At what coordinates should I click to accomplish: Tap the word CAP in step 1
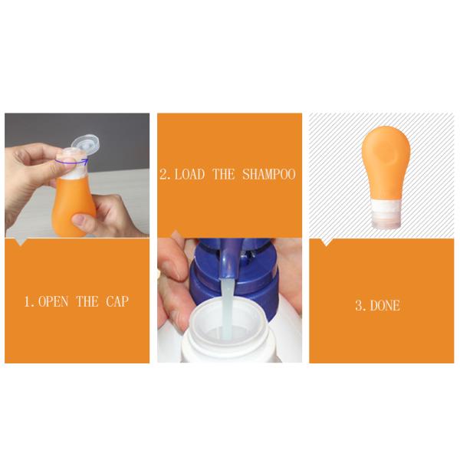[115, 301]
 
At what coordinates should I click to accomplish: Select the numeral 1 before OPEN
[28, 301]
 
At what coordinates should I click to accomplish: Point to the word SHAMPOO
[269, 175]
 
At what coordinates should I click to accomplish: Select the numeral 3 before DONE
[359, 305]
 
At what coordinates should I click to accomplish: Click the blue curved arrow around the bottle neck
[72, 163]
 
